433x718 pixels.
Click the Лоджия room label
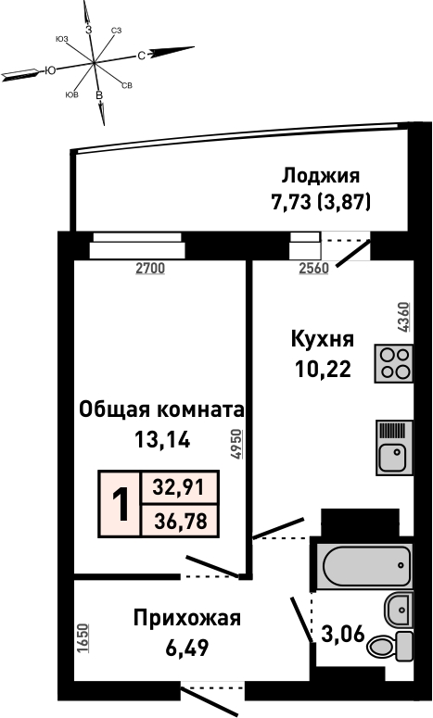click(x=321, y=176)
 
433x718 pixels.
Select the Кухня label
click(x=323, y=340)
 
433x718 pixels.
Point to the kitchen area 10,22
click(x=323, y=369)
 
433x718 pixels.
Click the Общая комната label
click(x=161, y=409)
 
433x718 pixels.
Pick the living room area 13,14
click(x=162, y=440)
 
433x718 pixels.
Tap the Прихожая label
click(x=187, y=619)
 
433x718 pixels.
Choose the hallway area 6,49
click(x=187, y=648)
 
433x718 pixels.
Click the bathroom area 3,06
click(x=343, y=635)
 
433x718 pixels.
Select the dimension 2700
click(x=150, y=269)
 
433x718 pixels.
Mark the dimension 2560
click(x=314, y=269)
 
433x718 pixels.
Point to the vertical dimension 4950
click(x=236, y=444)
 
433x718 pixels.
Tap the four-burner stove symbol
click(x=394, y=363)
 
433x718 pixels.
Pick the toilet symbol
click(x=391, y=646)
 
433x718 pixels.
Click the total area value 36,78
click(x=180, y=521)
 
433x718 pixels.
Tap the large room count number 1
click(x=121, y=504)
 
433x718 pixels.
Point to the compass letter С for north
click(x=141, y=56)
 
